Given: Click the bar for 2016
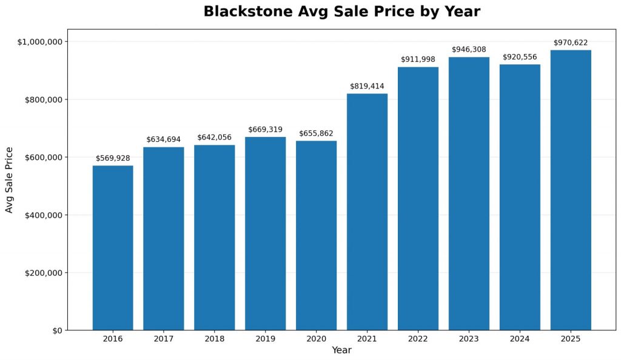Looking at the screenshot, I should tap(113, 248).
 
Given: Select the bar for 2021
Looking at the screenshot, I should tap(367, 212).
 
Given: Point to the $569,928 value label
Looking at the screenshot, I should tap(113, 158).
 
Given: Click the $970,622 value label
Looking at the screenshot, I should tap(571, 42).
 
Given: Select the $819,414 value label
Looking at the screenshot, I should tap(367, 86).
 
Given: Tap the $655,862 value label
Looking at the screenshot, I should tap(316, 133).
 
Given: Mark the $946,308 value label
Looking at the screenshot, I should tap(469, 50).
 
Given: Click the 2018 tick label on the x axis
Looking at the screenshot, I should tap(215, 339).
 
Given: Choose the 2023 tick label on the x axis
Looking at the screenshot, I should tap(469, 339).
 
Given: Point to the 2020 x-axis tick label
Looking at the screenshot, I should tap(316, 339).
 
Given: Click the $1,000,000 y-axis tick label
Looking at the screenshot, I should tap(40, 42).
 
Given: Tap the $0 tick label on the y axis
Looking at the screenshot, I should tap(56, 330).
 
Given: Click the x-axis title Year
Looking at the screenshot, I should tap(341, 350).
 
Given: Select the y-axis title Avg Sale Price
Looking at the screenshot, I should tap(9, 179).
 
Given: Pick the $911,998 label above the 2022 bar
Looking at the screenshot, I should tap(418, 59).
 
